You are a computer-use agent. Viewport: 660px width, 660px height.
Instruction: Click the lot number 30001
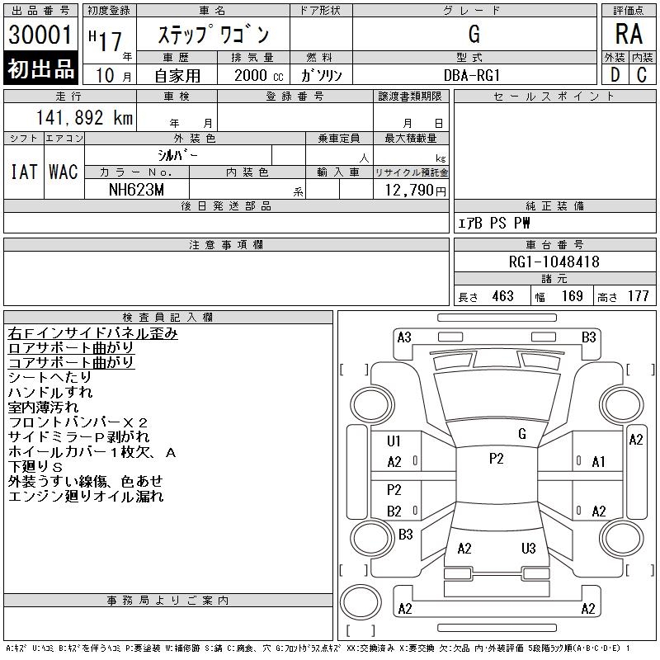pos(40,35)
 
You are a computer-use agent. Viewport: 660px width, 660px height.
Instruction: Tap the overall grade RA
pos(629,34)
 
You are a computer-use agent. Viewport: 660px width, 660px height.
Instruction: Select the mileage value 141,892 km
pos(84,117)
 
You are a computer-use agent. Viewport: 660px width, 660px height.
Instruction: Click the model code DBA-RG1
pos(472,75)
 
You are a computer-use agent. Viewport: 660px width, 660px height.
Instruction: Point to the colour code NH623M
pos(136,190)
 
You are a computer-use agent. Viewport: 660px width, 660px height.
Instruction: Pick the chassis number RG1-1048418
pos(554,262)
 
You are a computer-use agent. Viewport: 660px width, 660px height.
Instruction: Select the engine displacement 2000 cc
pos(258,76)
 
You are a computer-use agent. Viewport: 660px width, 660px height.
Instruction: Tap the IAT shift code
pos(24,172)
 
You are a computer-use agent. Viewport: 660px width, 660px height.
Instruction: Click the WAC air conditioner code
pos(64,172)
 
